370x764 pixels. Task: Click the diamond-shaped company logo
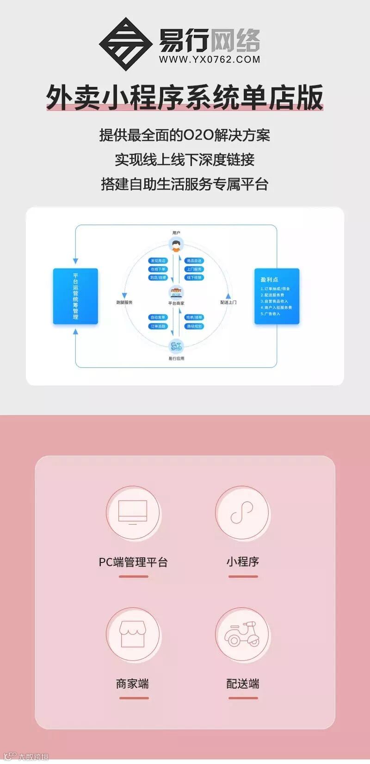click(125, 43)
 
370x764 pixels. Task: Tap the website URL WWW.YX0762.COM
click(210, 60)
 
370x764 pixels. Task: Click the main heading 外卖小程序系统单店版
click(185, 98)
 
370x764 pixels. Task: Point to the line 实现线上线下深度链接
click(185, 160)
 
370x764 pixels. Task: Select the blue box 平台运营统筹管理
click(75, 296)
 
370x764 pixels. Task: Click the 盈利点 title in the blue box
click(269, 280)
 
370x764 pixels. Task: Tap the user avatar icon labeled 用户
click(176, 245)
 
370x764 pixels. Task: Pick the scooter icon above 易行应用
click(176, 346)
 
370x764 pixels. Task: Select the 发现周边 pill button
click(158, 261)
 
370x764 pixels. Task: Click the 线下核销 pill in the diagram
click(194, 277)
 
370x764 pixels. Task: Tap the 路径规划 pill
click(194, 326)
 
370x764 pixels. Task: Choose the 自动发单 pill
click(158, 318)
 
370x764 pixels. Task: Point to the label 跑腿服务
click(124, 302)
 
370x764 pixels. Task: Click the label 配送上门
click(228, 302)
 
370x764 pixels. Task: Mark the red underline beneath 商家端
click(134, 698)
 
